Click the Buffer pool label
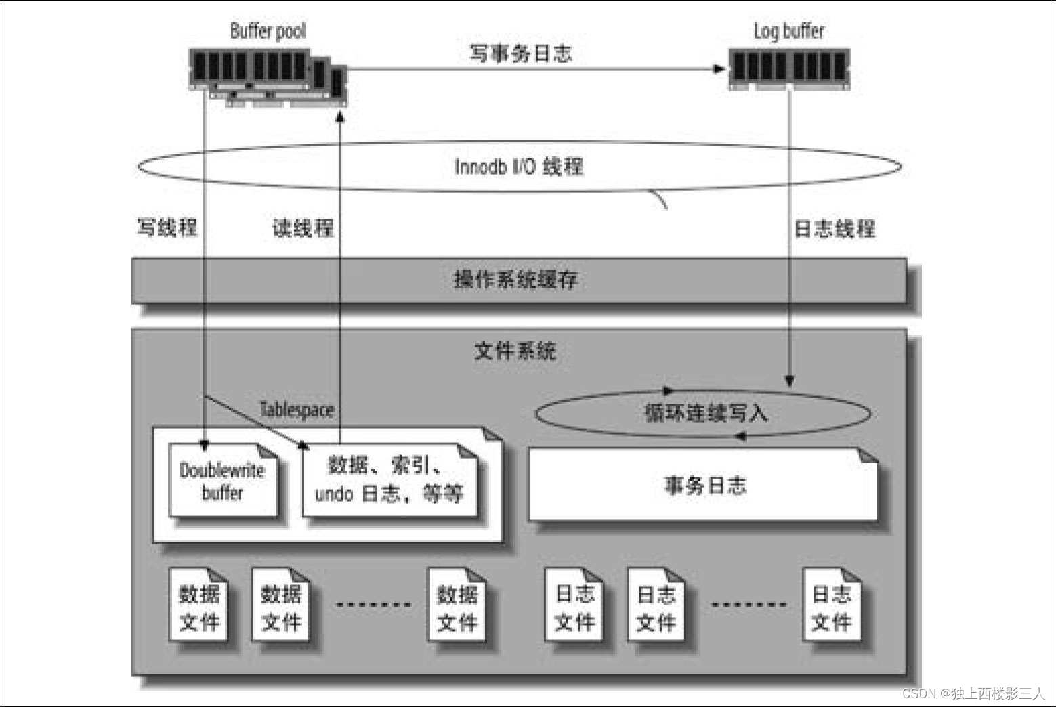[x=268, y=30]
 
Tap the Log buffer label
[x=789, y=31]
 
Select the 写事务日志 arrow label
[x=520, y=53]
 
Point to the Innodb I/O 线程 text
[x=518, y=167]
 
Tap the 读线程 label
[x=303, y=228]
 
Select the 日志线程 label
[x=835, y=229]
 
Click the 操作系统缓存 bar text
[x=515, y=279]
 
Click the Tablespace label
[x=297, y=410]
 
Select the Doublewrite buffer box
[x=222, y=481]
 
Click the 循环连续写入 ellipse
[x=704, y=413]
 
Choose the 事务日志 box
[x=704, y=486]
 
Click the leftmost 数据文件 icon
[x=199, y=607]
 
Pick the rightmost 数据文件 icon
[x=457, y=607]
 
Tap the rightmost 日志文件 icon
[x=831, y=607]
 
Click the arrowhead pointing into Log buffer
[x=719, y=68]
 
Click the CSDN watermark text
[x=973, y=693]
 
